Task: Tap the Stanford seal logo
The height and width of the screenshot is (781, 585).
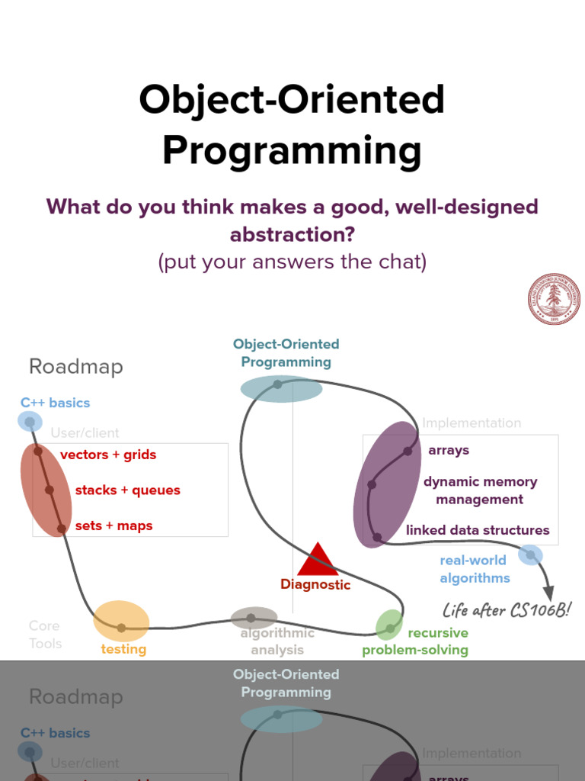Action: pyautogui.click(x=554, y=299)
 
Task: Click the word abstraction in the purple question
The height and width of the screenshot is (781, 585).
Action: pyautogui.click(x=292, y=234)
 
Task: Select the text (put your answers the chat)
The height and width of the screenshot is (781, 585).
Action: pyautogui.click(x=292, y=262)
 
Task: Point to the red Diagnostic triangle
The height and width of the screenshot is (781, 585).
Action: pyautogui.click(x=318, y=561)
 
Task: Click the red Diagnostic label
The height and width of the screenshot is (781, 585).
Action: pyautogui.click(x=315, y=585)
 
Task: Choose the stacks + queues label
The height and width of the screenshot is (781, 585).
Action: pyautogui.click(x=127, y=490)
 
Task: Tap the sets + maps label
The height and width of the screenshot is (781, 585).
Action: pyautogui.click(x=113, y=526)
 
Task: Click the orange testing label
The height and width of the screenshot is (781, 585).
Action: pyautogui.click(x=123, y=649)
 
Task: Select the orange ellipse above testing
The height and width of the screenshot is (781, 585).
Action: pyautogui.click(x=121, y=620)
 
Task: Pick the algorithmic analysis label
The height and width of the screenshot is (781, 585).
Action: pyautogui.click(x=277, y=641)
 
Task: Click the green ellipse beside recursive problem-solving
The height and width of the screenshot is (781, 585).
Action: pyautogui.click(x=389, y=625)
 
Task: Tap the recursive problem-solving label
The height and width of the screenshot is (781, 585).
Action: pyautogui.click(x=416, y=641)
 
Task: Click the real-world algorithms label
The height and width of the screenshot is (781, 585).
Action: pyautogui.click(x=474, y=569)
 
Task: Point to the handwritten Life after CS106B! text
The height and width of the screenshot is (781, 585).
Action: pyautogui.click(x=507, y=610)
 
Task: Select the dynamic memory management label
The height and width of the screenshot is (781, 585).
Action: pyautogui.click(x=480, y=490)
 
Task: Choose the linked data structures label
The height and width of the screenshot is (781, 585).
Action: pyautogui.click(x=478, y=530)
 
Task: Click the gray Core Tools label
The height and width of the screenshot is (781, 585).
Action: pyautogui.click(x=45, y=635)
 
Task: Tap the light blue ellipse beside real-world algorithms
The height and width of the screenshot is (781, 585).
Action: pyautogui.click(x=530, y=554)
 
